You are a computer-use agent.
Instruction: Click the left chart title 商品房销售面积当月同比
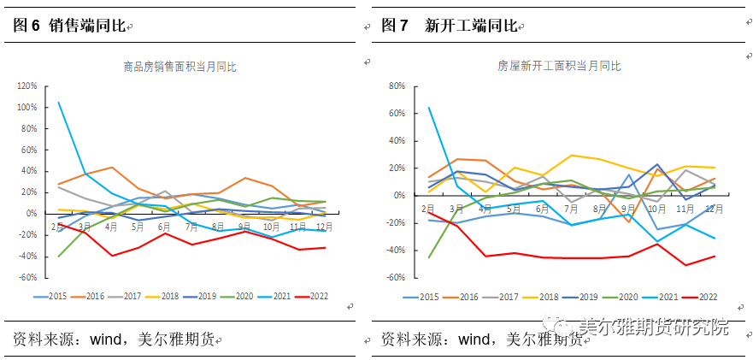(x=179, y=66)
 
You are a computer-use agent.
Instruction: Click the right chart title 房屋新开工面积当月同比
(x=559, y=66)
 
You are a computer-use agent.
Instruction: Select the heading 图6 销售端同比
(x=68, y=27)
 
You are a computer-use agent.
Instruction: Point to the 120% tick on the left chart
(x=26, y=86)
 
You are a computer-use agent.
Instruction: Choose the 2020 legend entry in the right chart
(x=623, y=297)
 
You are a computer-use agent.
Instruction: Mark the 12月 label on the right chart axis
(x=714, y=208)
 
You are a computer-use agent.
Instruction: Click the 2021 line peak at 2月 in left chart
(x=59, y=103)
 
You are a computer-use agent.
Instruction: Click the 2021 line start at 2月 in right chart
(x=428, y=108)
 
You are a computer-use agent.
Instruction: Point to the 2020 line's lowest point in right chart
(x=428, y=257)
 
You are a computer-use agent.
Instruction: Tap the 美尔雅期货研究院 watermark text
(x=654, y=327)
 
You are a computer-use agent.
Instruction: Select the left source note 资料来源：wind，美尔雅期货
(x=111, y=339)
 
